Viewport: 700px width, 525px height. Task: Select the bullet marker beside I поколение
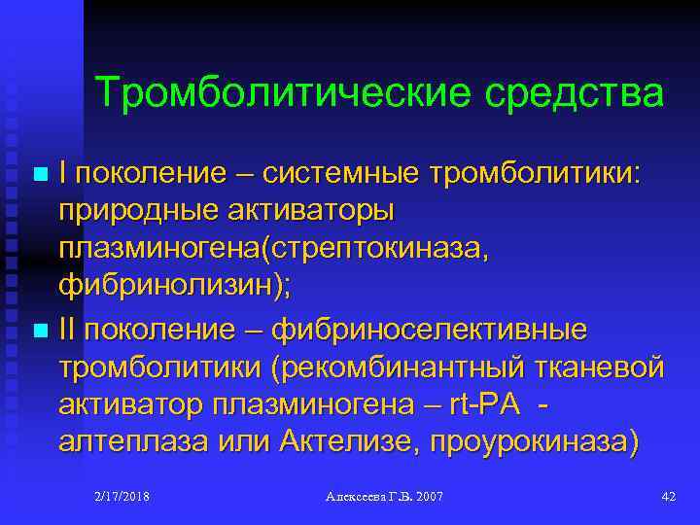click(39, 174)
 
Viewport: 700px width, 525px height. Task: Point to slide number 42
click(668, 497)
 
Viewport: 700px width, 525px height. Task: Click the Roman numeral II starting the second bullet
click(70, 330)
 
